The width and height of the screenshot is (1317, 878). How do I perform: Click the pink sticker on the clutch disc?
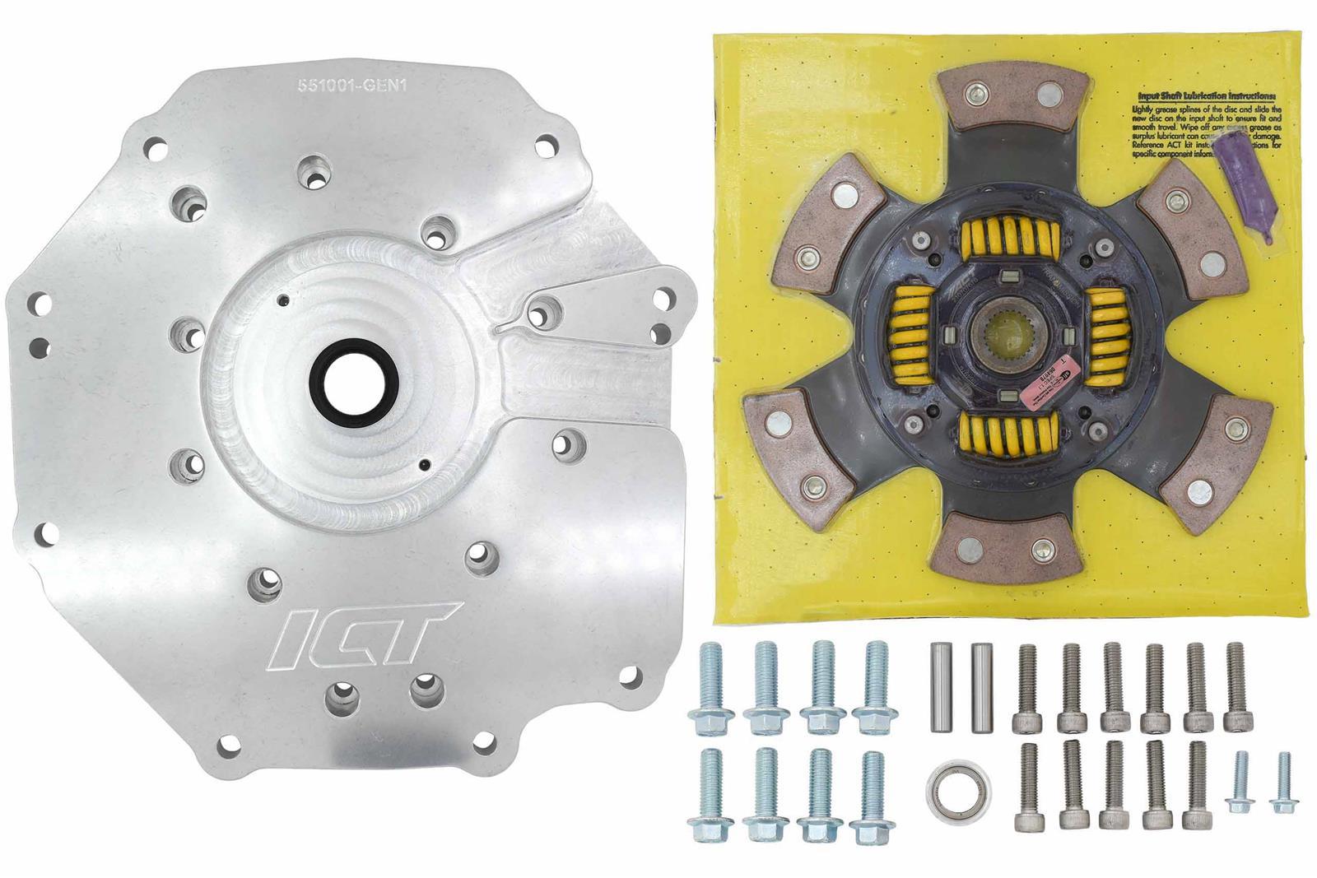[1047, 397]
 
